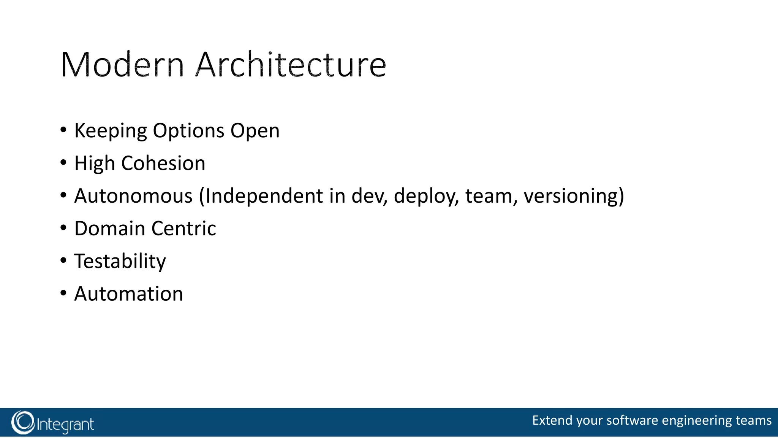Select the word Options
(x=188, y=131)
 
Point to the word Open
(x=255, y=131)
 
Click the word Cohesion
(x=163, y=163)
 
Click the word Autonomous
(x=133, y=196)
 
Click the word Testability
(x=120, y=262)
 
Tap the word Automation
(x=128, y=294)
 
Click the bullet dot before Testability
(x=63, y=261)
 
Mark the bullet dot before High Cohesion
(x=63, y=163)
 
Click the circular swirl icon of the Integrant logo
(x=23, y=422)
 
